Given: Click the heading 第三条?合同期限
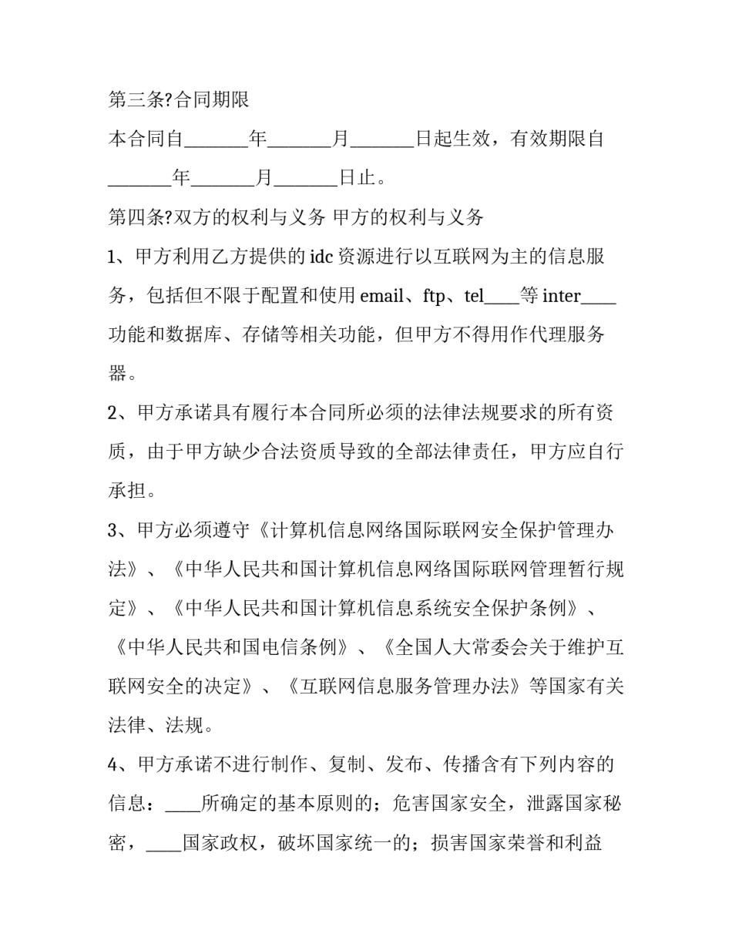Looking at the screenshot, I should [178, 100].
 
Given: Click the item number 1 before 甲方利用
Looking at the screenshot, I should [112, 257].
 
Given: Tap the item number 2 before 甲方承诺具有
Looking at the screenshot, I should [112, 413].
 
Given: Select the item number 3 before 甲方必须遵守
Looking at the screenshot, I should [112, 531].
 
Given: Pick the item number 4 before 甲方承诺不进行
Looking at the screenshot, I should [112, 765].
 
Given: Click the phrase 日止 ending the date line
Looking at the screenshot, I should [357, 179].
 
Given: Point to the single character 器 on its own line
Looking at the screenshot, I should [118, 374].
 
